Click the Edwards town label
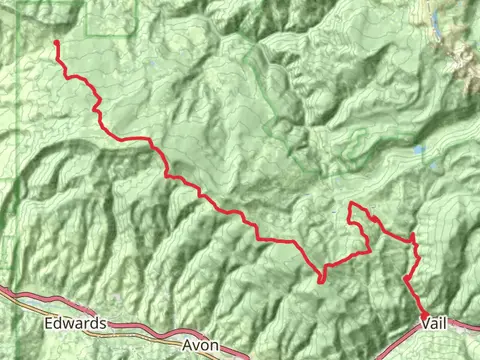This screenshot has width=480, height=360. pyautogui.click(x=76, y=325)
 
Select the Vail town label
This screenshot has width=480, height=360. pyautogui.click(x=433, y=324)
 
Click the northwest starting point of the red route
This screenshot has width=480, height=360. pyautogui.click(x=55, y=42)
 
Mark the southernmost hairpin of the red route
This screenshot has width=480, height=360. pyautogui.click(x=320, y=279)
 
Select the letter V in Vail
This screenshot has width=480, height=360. pyautogui.click(x=424, y=324)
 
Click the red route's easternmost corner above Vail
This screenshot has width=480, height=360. pyautogui.click(x=413, y=236)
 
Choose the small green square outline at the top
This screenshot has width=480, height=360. pyautogui.click(x=111, y=17)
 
